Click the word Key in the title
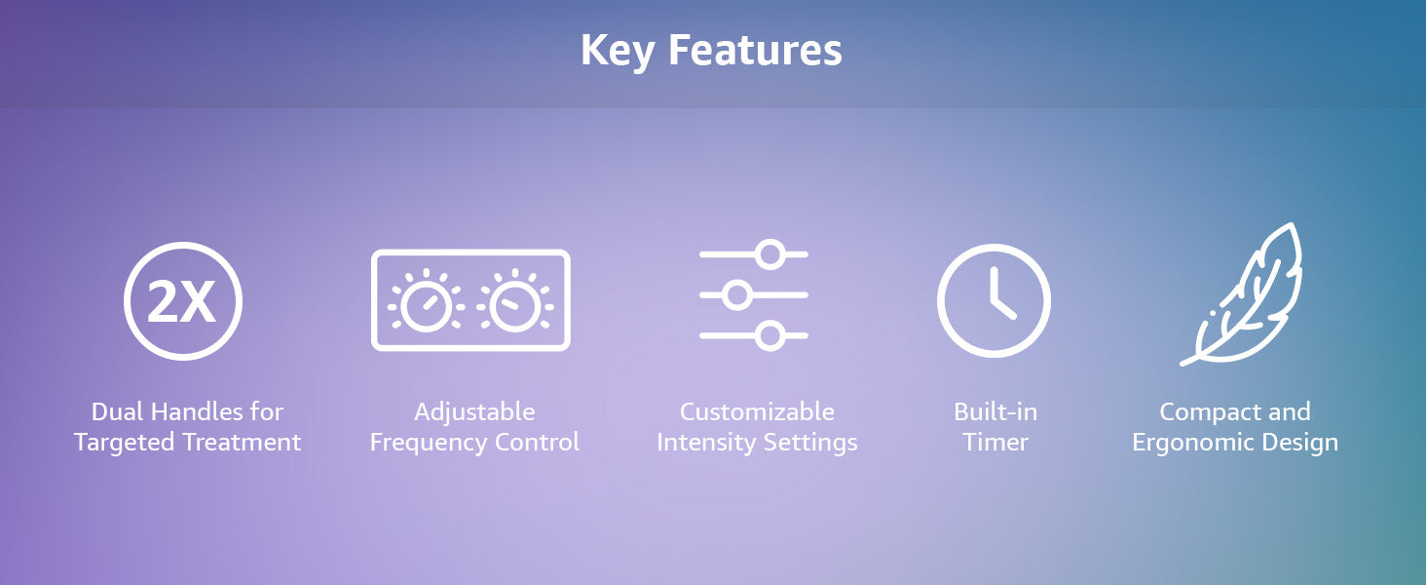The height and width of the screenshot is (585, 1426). point(618,51)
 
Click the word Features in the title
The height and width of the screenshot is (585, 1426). point(755,50)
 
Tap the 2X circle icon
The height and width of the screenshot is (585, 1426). point(183,300)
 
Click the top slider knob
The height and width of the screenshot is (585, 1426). point(770,254)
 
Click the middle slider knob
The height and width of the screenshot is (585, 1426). point(737,295)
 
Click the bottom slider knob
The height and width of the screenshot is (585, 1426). point(770,335)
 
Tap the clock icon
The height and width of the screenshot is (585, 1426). point(994,300)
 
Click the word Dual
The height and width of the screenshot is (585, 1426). point(120,411)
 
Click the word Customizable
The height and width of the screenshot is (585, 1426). point(757,411)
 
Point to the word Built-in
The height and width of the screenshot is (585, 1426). point(995,411)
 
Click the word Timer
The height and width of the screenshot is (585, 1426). point(995,443)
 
